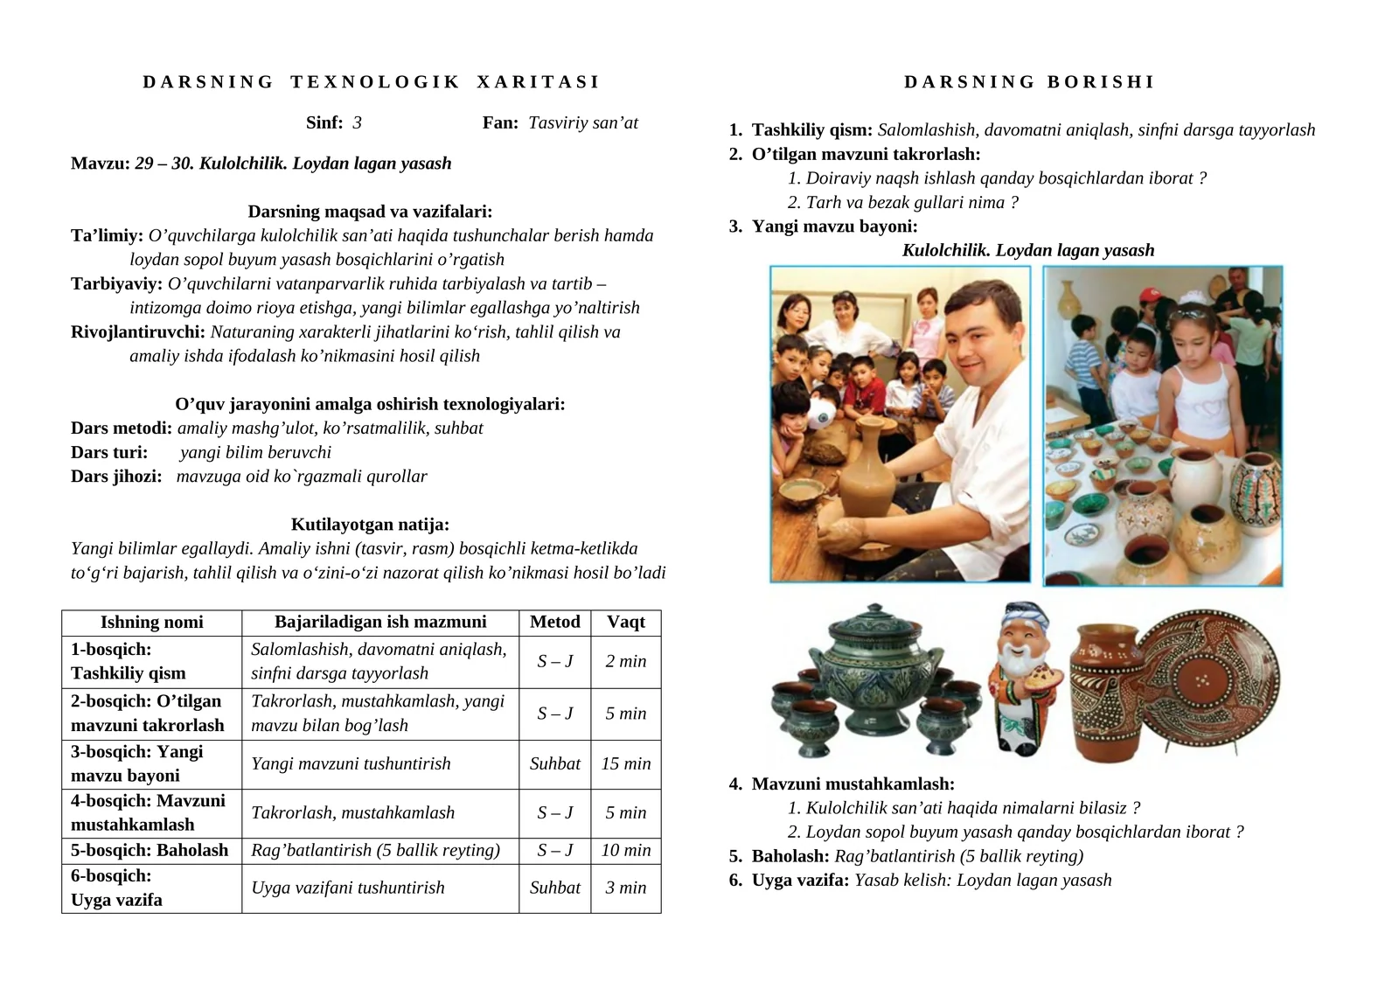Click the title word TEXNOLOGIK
[x=375, y=82]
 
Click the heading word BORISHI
[x=1101, y=82]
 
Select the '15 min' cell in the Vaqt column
[x=626, y=763]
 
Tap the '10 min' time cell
[x=626, y=850]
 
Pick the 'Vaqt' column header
[x=626, y=622]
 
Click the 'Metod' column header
[x=554, y=622]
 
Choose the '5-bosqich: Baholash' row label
[x=150, y=850]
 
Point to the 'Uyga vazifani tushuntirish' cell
[x=348, y=888]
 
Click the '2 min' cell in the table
[x=626, y=661]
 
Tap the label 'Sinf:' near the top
[x=324, y=122]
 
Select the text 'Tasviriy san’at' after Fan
[x=583, y=122]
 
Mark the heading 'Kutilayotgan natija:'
[x=370, y=525]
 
